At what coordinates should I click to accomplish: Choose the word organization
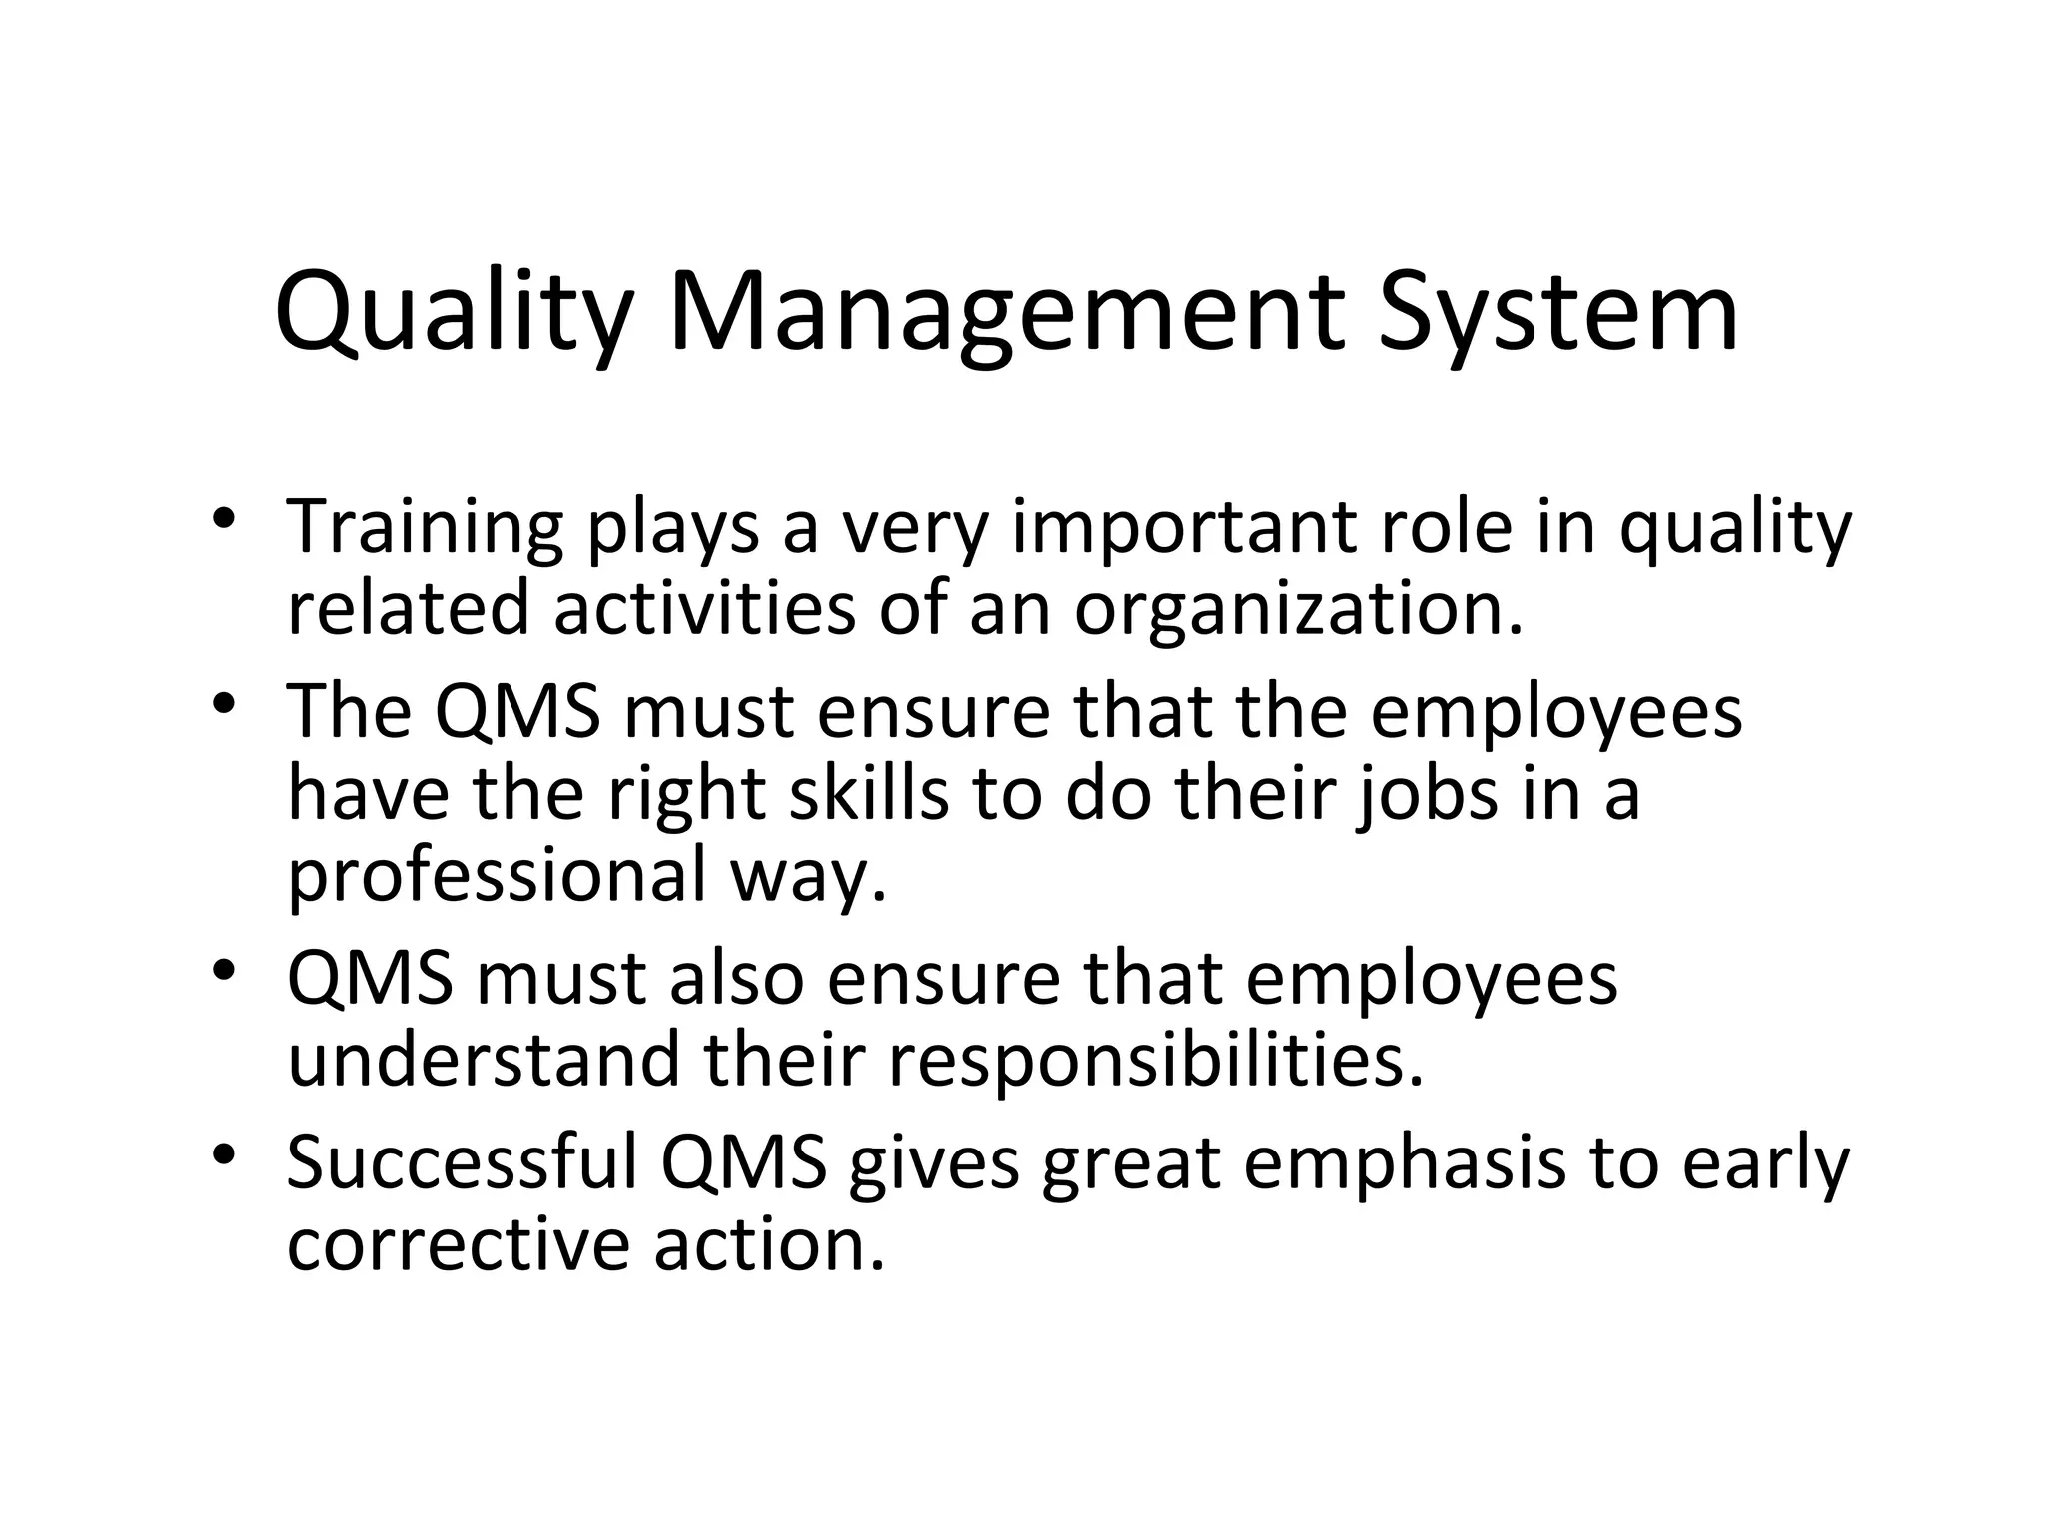pos(1298,609)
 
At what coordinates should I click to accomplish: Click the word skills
pos(868,793)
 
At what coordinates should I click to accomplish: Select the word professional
pos(496,875)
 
